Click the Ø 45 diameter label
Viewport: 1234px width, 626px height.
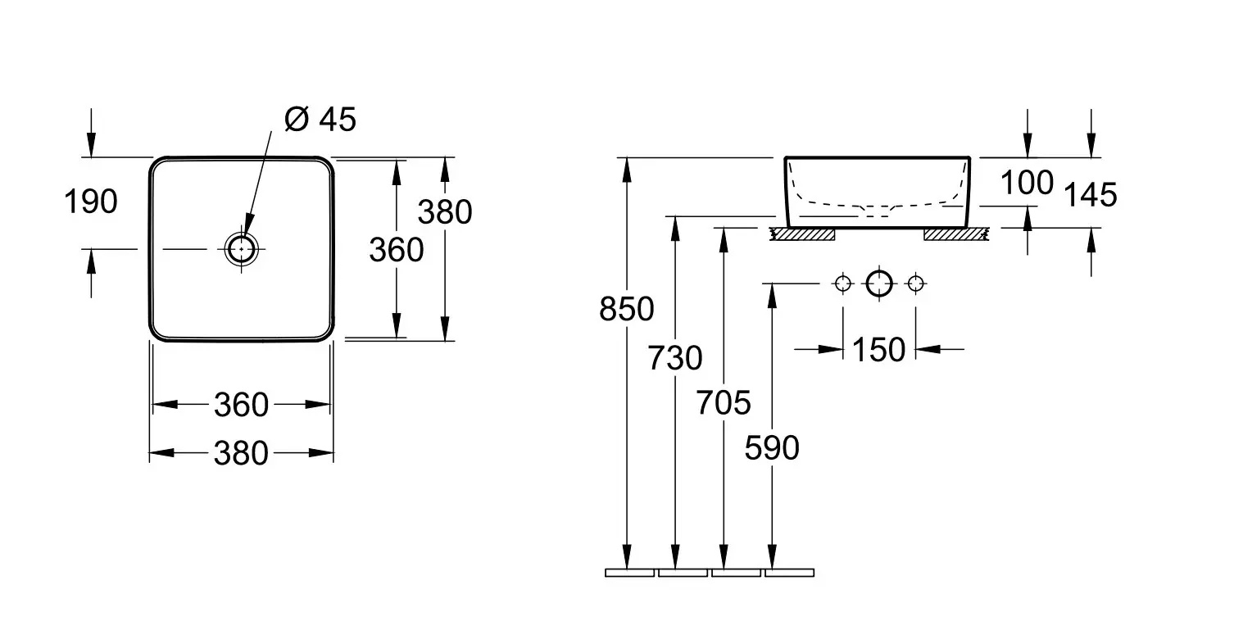point(320,120)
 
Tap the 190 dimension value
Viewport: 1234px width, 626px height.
point(91,201)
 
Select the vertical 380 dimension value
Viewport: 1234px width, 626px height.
point(445,212)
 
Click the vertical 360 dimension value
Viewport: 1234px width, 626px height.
point(396,249)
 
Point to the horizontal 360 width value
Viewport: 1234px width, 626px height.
point(241,404)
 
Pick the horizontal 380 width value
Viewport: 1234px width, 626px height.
point(241,452)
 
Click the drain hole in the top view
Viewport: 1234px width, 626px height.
point(242,247)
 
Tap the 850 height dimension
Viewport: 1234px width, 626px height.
point(627,309)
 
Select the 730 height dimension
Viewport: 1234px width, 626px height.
point(675,358)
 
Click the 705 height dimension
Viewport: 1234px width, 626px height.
point(724,402)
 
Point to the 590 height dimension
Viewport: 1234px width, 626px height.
point(771,447)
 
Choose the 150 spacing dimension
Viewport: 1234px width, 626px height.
point(878,350)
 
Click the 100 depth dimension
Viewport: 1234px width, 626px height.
point(1026,183)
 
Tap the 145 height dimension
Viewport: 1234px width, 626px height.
point(1090,195)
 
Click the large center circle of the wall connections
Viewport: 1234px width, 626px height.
point(878,284)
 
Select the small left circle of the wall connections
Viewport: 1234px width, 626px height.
point(842,284)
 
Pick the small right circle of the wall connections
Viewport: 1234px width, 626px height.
point(915,284)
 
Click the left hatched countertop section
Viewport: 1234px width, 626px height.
point(801,235)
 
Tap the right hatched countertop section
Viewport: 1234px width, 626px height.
point(955,235)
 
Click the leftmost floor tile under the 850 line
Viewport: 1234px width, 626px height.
point(629,572)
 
